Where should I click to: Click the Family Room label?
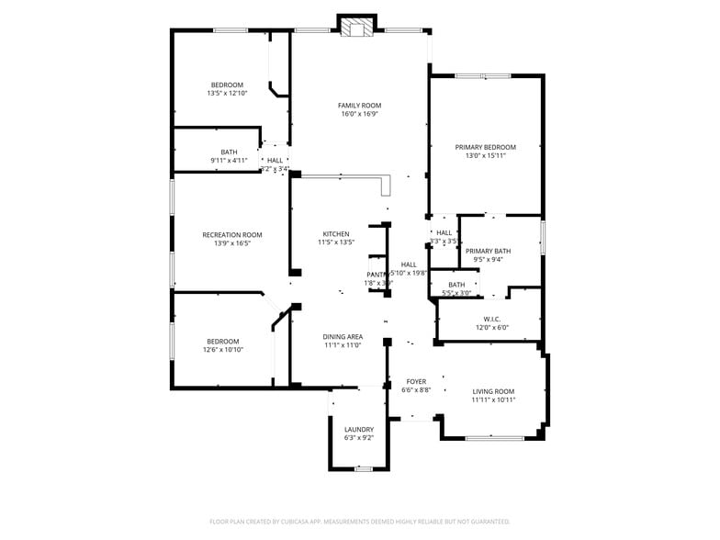359,106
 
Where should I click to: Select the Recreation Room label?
232,235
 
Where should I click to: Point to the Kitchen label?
336,234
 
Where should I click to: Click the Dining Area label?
343,337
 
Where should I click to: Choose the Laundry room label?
359,430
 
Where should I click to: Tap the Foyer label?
416,381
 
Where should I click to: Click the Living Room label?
493,391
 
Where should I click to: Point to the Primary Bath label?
488,251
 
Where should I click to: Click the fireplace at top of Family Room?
357,28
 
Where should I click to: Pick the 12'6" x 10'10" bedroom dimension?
222,350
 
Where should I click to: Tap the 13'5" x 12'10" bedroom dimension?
227,93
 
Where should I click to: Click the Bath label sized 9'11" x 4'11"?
229,152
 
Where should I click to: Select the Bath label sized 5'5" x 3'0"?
456,285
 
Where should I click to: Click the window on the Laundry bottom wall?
364,469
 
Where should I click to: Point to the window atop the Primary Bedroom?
483,75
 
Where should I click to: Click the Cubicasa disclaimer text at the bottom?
359,522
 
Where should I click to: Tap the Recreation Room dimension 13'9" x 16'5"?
232,243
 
